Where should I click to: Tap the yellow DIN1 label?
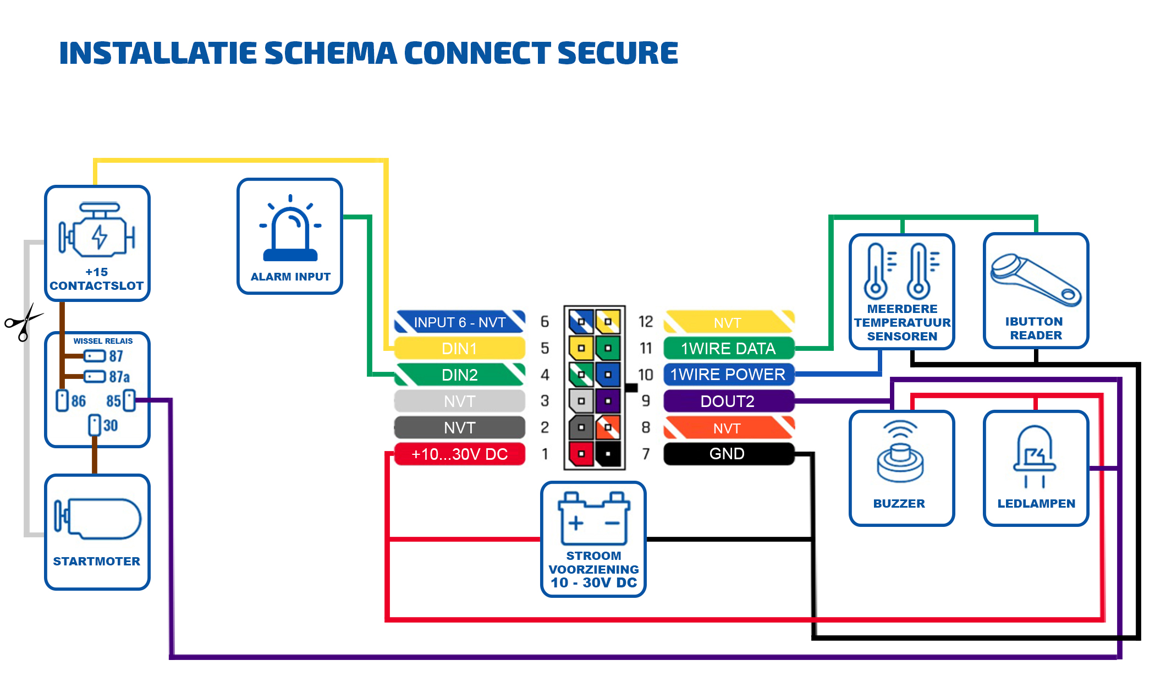click(460, 349)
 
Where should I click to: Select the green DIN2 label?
click(460, 375)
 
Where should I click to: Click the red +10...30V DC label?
click(460, 454)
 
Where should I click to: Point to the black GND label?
click(727, 454)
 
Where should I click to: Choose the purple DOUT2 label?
click(727, 402)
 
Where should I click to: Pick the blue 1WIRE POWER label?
click(727, 375)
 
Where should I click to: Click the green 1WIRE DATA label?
click(727, 349)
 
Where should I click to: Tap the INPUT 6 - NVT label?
click(460, 322)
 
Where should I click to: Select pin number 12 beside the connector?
click(646, 322)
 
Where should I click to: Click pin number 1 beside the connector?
click(544, 454)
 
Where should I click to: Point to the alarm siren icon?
click(290, 229)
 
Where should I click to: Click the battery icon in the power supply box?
click(593, 518)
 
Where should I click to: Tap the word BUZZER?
click(899, 504)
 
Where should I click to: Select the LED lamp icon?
click(1035, 455)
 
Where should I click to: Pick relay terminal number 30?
click(110, 426)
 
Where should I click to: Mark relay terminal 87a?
click(119, 377)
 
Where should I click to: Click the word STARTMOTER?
click(97, 562)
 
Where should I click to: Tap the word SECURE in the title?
click(618, 53)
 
